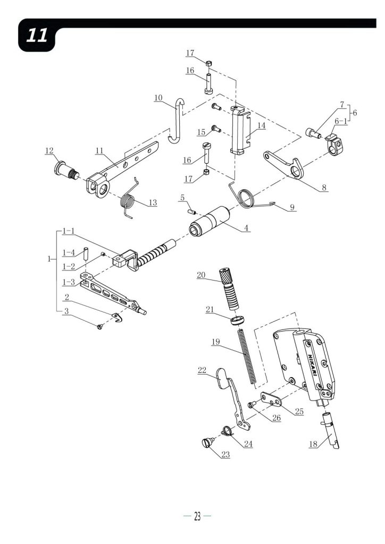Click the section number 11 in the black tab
[37, 36]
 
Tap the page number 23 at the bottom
[197, 516]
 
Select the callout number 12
[49, 150]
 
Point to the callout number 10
[158, 98]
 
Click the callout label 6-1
[340, 121]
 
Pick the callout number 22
[202, 370]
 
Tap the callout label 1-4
[69, 252]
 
